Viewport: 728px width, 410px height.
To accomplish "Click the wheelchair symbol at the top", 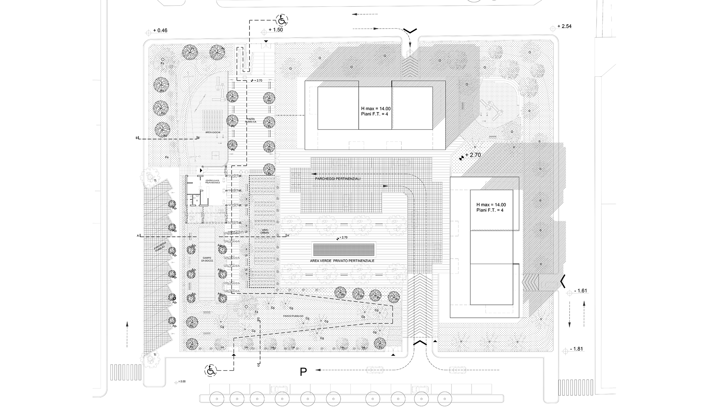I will (282, 20).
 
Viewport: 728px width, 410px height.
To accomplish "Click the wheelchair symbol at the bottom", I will (211, 370).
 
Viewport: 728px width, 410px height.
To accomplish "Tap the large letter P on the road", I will (303, 372).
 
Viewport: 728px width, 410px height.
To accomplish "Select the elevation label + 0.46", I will (160, 30).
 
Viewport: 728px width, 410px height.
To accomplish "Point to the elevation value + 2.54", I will (564, 26).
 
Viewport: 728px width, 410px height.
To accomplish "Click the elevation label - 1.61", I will (580, 291).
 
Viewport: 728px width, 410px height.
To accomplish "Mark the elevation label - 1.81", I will (576, 349).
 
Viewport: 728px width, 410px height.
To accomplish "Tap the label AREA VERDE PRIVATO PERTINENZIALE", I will (342, 261).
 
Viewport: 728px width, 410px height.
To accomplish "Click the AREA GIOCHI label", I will (213, 132).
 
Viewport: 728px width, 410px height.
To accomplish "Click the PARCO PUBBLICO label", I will (293, 316).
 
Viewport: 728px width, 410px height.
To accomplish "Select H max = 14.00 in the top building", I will (376, 108).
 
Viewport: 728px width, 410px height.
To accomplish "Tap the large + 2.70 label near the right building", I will (473, 155).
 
